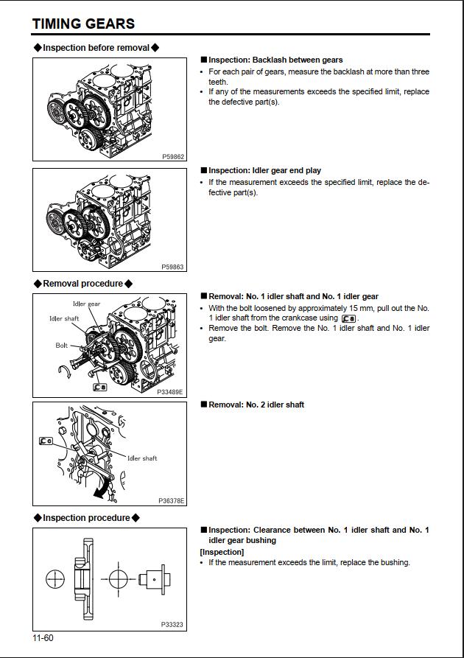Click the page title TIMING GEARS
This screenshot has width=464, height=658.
(83, 24)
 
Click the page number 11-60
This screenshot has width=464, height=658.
(43, 637)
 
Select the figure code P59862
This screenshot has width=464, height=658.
(173, 156)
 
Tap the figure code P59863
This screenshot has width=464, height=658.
(173, 267)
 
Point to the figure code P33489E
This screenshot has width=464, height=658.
(171, 392)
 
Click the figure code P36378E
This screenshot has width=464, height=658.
(172, 500)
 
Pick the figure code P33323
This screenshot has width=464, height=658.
(173, 624)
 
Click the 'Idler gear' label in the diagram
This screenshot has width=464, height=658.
(86, 304)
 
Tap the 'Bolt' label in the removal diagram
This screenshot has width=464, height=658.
(62, 345)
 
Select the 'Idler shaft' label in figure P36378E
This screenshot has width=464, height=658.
(142, 458)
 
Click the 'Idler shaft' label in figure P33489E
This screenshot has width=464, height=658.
(64, 318)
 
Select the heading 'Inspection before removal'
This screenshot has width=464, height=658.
(96, 48)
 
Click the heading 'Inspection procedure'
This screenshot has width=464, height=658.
(86, 518)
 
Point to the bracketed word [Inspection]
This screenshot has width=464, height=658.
(222, 552)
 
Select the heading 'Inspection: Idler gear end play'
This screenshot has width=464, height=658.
(264, 171)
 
